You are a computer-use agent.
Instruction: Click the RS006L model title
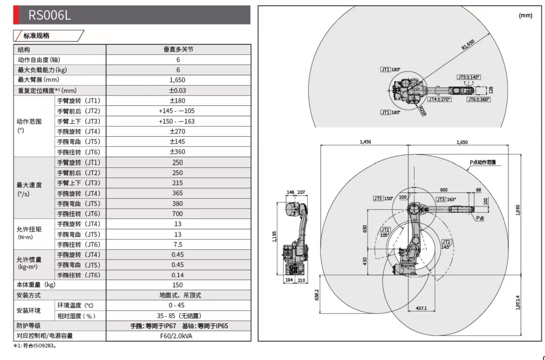50,16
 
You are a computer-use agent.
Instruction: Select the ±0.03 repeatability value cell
178,91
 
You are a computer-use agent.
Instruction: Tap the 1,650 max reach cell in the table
178,80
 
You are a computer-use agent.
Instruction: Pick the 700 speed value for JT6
178,214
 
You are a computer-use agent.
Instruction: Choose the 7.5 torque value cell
178,245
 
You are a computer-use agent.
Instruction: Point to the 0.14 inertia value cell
178,276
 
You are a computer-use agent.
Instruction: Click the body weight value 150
178,285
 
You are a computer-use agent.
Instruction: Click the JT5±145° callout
469,77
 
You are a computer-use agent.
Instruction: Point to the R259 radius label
423,110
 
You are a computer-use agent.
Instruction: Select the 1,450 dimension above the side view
365,142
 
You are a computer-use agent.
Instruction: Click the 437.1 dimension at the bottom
421,308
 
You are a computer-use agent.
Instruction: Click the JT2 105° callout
385,232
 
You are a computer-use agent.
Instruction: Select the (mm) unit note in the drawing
525,16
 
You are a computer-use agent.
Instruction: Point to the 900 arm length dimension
444,190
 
